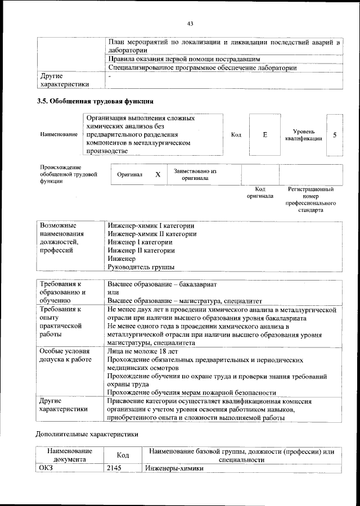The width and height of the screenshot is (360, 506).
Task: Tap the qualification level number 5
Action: click(x=334, y=135)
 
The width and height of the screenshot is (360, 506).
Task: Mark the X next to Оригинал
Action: click(x=158, y=175)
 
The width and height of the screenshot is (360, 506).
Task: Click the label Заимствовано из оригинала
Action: click(x=195, y=175)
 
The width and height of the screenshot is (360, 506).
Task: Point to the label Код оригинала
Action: click(x=260, y=193)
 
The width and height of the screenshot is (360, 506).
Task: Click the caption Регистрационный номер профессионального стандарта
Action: click(x=311, y=200)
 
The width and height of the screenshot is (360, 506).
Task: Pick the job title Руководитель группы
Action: click(x=141, y=266)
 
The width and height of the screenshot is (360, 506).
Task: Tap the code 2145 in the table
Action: click(x=114, y=468)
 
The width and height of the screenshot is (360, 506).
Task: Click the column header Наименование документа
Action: click(x=70, y=455)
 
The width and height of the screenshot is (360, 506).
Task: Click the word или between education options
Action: click(x=113, y=292)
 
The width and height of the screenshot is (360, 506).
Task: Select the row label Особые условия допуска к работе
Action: click(x=65, y=355)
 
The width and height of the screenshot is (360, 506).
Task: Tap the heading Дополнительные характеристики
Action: click(x=87, y=434)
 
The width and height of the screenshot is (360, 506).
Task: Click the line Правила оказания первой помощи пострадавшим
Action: click(x=183, y=58)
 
